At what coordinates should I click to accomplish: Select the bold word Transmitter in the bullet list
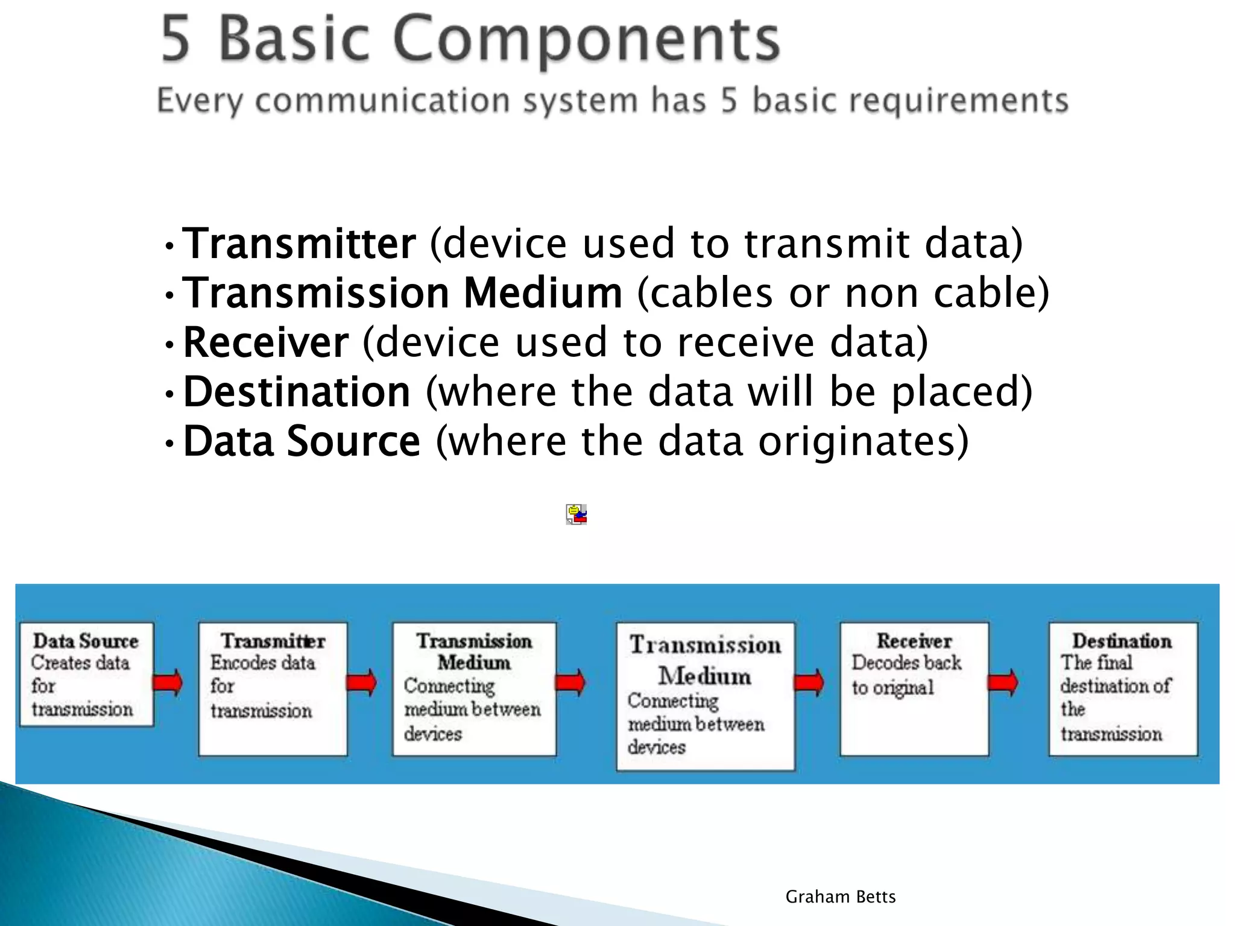tap(299, 244)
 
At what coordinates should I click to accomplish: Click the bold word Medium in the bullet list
tap(543, 294)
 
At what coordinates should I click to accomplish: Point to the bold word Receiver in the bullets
tap(265, 343)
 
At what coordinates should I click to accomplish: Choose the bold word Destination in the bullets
tap(297, 392)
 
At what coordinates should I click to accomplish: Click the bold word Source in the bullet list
tap(353, 442)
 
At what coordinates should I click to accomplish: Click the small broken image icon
tap(576, 514)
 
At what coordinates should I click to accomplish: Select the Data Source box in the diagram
tap(87, 674)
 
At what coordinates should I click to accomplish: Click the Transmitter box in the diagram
tap(273, 688)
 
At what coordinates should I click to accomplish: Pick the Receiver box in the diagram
tap(914, 688)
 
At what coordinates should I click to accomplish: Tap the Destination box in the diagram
tap(1123, 688)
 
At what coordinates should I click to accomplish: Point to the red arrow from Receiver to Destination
tap(1003, 682)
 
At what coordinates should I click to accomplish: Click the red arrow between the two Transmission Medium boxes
tap(570, 682)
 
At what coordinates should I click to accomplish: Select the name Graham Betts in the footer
tap(840, 897)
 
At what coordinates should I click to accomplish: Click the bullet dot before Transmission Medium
tap(170, 295)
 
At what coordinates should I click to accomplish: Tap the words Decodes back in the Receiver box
tap(906, 663)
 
